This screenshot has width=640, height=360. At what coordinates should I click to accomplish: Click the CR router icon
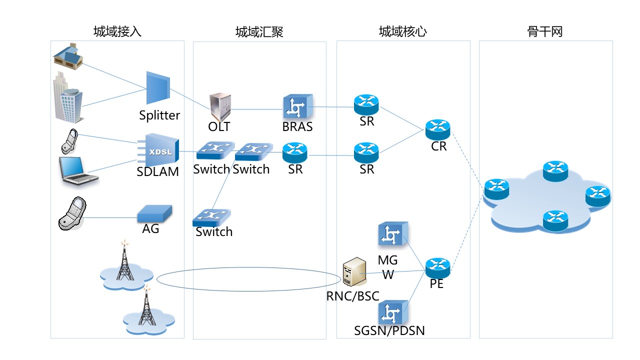tap(438, 129)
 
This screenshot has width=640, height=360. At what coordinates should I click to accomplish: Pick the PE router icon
tap(438, 268)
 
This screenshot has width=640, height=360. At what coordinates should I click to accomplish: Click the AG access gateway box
tap(154, 214)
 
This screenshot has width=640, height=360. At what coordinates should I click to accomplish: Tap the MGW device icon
tap(393, 234)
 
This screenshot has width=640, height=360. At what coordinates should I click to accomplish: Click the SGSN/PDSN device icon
tap(393, 313)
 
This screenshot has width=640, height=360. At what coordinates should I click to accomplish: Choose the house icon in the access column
tap(68, 56)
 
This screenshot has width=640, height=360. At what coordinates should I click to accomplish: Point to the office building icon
tap(67, 98)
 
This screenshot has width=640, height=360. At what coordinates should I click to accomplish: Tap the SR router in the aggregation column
tap(295, 152)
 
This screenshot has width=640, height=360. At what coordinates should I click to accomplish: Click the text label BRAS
tap(297, 127)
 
